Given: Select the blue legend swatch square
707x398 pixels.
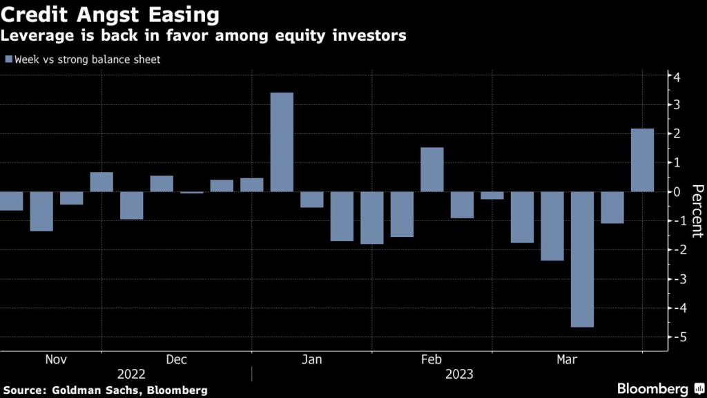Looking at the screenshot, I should (8, 59).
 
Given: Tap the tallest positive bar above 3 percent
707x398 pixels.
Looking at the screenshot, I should (282, 142).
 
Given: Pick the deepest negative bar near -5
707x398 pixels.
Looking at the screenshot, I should (583, 259).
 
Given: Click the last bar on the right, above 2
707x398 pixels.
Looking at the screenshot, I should (643, 160).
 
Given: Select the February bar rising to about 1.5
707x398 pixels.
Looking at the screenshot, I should (432, 169).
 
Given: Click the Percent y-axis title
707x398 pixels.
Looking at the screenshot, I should (697, 211).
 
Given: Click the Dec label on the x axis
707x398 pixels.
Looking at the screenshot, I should (176, 359).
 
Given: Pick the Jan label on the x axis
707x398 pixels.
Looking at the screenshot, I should (311, 359).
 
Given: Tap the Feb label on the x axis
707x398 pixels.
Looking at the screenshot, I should (432, 359).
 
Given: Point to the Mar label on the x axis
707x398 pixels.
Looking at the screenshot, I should (568, 359).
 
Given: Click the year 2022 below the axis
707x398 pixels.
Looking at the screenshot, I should (131, 375).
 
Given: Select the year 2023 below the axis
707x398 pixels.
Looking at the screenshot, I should (460, 375).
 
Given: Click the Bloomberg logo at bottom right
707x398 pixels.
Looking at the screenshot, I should (654, 389).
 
